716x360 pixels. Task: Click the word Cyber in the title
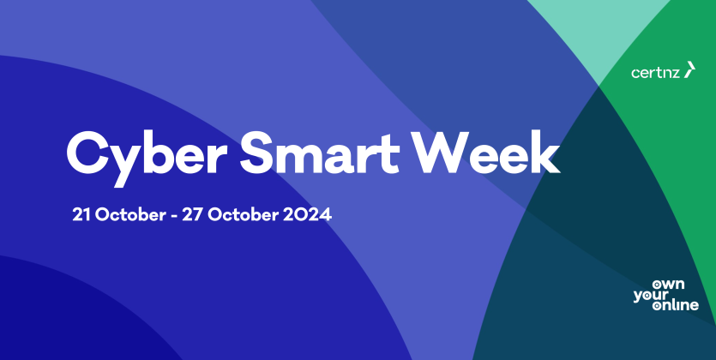click(x=147, y=156)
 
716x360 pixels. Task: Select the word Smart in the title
click(x=320, y=153)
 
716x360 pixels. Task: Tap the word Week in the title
click(x=485, y=152)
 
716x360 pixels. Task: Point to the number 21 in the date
click(x=81, y=215)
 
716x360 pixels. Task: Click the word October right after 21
click(x=130, y=215)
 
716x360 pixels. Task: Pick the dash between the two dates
click(x=173, y=216)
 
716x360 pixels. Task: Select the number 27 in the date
click(x=192, y=215)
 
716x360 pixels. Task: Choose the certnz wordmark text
click(x=656, y=73)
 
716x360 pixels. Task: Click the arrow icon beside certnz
click(x=689, y=69)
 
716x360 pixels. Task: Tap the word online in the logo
click(x=676, y=305)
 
